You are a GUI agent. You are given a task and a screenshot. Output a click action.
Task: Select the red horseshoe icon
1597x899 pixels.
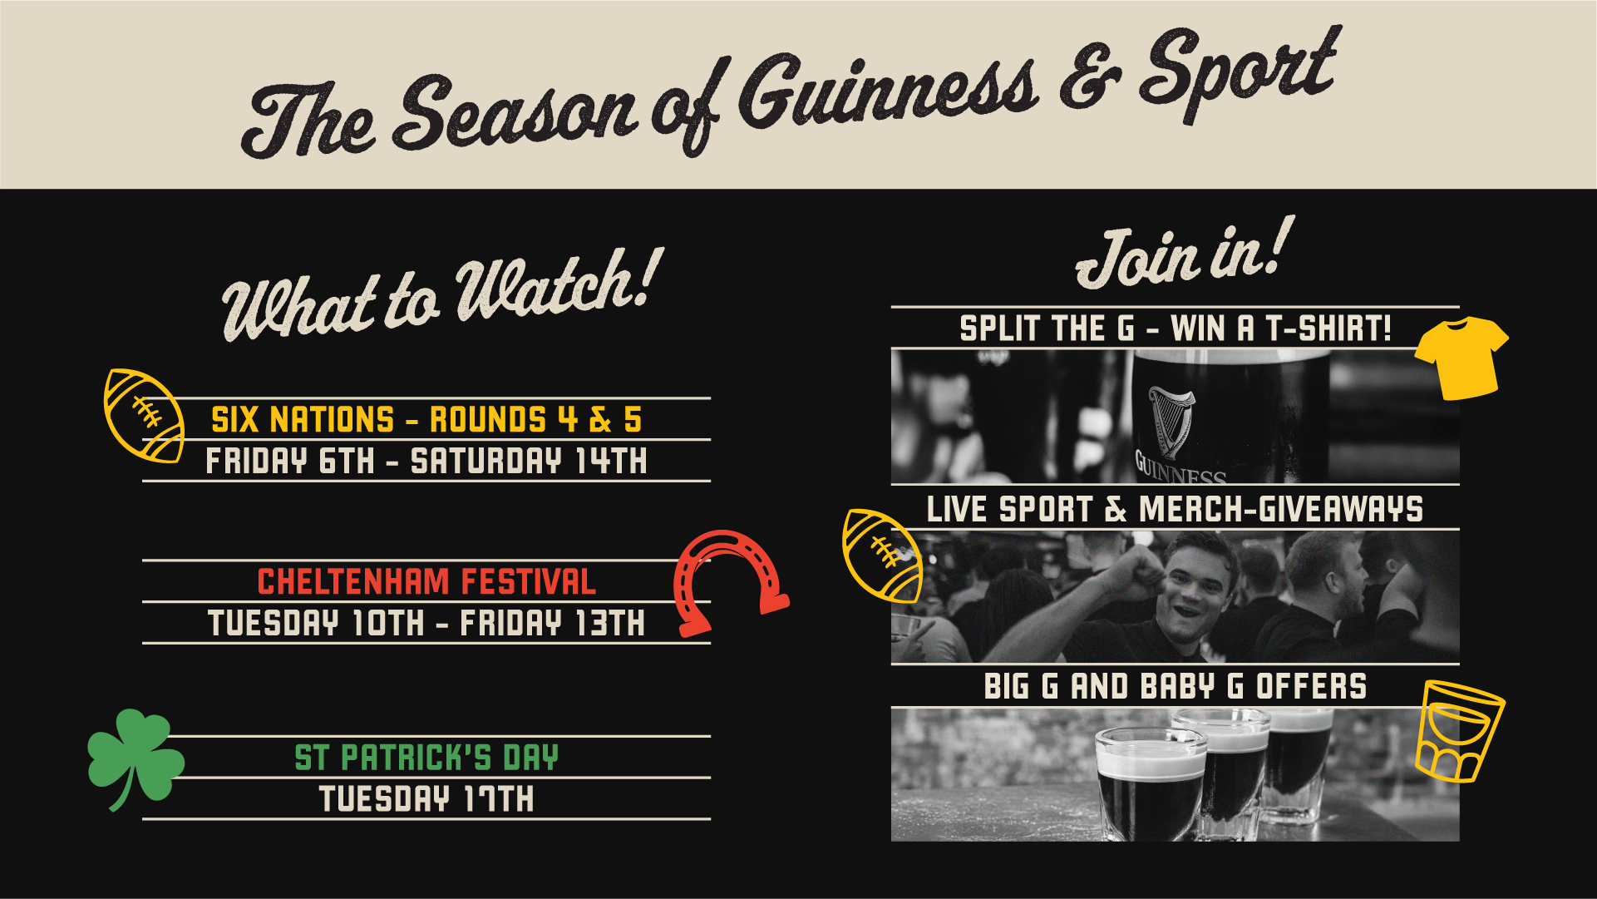tap(727, 582)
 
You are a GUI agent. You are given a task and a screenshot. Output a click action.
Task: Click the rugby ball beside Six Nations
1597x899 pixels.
tap(143, 415)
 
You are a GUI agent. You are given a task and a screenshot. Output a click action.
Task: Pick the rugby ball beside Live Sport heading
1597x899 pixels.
tap(882, 555)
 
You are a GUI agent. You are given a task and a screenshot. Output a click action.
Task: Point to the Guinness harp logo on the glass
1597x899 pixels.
tap(1171, 420)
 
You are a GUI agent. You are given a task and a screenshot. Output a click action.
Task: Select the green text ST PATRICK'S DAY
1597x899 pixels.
tap(426, 758)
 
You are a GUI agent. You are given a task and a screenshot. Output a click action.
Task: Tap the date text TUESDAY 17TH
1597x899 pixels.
tap(426, 799)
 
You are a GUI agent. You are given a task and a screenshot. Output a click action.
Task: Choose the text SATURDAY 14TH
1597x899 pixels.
tap(529, 462)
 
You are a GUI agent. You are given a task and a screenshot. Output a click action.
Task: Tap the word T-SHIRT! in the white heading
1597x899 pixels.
tap(1328, 328)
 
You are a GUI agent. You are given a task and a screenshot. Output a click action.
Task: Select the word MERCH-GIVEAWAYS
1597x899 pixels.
tap(1280, 509)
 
